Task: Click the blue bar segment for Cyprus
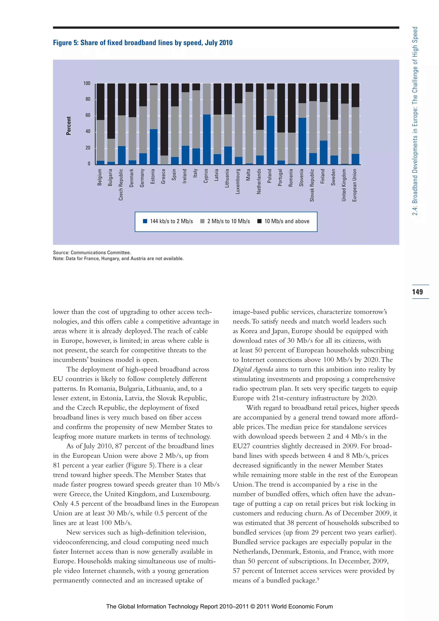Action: [207, 140]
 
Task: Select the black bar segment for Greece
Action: [164, 119]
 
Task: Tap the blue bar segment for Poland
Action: [271, 140]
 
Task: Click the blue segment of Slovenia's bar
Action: [302, 141]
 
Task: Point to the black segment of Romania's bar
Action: [292, 108]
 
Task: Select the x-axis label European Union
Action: [355, 185]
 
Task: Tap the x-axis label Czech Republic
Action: [121, 185]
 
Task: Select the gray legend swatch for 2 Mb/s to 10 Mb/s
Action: [202, 221]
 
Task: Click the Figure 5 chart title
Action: [143, 43]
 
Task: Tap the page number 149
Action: [417, 292]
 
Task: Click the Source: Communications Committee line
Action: [92, 253]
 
